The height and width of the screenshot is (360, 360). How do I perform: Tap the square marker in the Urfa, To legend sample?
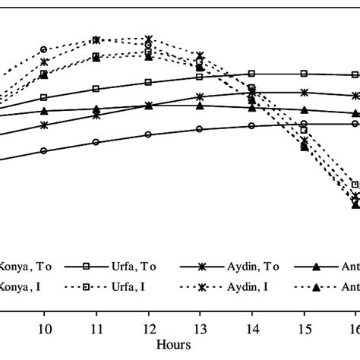87,267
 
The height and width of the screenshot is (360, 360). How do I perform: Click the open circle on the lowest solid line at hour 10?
44,150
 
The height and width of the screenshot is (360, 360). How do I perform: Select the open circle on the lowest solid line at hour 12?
148,134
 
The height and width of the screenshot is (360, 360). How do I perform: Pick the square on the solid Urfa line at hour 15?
304,74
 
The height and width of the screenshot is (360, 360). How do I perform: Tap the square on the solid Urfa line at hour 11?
96,89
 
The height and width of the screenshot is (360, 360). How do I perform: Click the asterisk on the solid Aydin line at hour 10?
44,125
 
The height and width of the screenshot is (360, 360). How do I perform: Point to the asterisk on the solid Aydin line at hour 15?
304,93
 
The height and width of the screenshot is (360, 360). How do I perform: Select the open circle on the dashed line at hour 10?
44,49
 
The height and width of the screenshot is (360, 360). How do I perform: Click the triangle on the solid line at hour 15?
304,110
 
